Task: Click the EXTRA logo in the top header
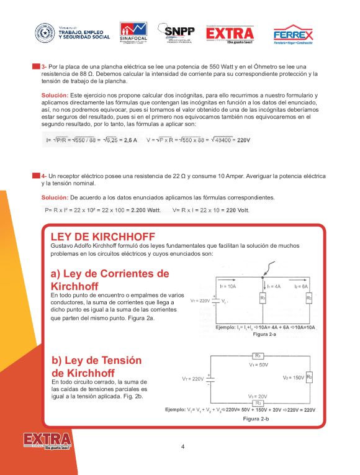click(x=230, y=34)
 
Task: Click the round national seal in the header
click(x=45, y=32)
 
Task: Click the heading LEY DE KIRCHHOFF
click(x=102, y=237)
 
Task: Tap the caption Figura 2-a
click(x=264, y=334)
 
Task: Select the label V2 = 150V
click(x=293, y=378)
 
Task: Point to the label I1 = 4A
click(x=274, y=286)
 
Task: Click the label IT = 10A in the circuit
click(x=228, y=286)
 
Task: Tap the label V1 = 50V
click(x=258, y=365)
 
